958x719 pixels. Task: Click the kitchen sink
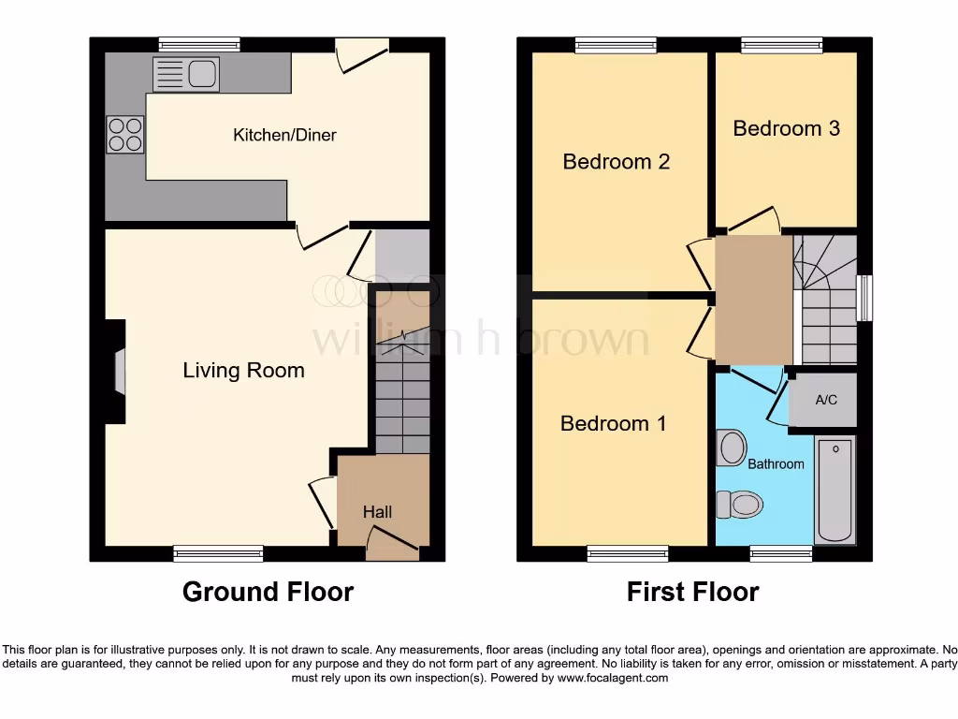tap(186, 74)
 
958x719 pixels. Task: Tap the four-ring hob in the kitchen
tap(125, 134)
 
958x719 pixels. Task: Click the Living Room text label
tap(243, 371)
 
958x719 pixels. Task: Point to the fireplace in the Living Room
tap(117, 372)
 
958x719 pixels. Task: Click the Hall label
tap(377, 512)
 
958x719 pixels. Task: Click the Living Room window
tap(218, 554)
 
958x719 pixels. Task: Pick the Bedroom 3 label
tap(786, 128)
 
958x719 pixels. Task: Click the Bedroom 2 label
tap(616, 162)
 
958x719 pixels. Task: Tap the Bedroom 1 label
tap(613, 424)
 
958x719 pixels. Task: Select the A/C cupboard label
tap(826, 401)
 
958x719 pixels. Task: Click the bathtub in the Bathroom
tap(835, 489)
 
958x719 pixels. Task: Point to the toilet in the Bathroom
tap(739, 505)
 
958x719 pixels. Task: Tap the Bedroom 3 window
tap(782, 44)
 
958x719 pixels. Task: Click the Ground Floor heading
tap(268, 592)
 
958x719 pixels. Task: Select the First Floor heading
tap(692, 592)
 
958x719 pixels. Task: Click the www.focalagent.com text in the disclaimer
tap(613, 678)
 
